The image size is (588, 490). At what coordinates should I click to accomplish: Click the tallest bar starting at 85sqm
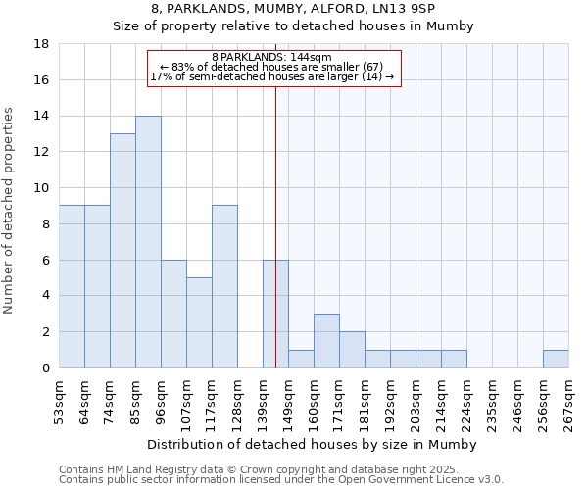[x=148, y=242]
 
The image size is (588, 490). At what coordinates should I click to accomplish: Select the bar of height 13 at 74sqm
[x=122, y=251]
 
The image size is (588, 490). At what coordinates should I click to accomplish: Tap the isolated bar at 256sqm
[x=556, y=359]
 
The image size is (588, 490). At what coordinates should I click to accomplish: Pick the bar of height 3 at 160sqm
[x=326, y=341]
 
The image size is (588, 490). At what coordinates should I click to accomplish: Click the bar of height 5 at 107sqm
[x=199, y=322]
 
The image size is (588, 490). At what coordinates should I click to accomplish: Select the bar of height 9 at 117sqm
[x=224, y=286]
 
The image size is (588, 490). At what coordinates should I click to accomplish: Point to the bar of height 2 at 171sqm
[x=352, y=350]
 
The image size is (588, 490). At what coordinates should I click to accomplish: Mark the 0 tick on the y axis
[x=45, y=368]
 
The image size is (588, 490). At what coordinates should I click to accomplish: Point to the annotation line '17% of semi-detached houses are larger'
[x=271, y=76]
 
